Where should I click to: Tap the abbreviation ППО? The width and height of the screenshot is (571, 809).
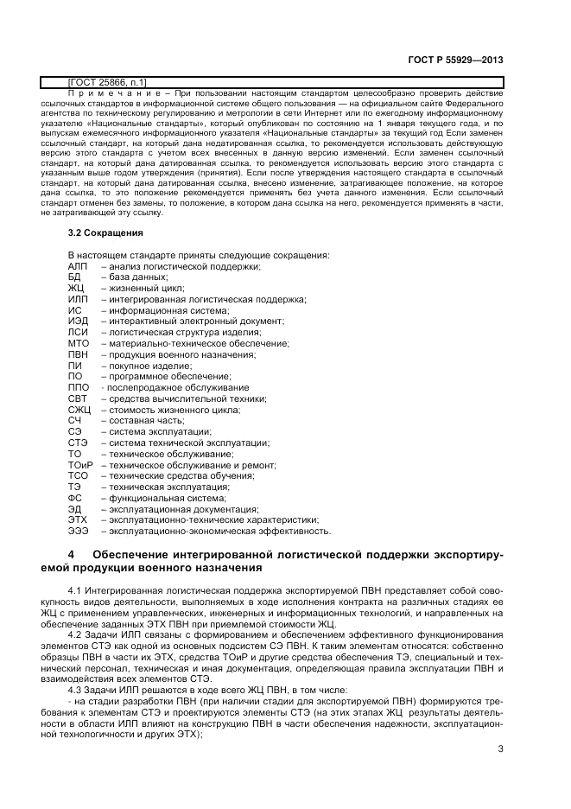click(79, 388)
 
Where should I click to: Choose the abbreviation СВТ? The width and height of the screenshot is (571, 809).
click(78, 399)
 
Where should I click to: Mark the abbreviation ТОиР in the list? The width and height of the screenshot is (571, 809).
click(80, 465)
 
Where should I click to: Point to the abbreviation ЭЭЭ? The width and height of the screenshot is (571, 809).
click(79, 531)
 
